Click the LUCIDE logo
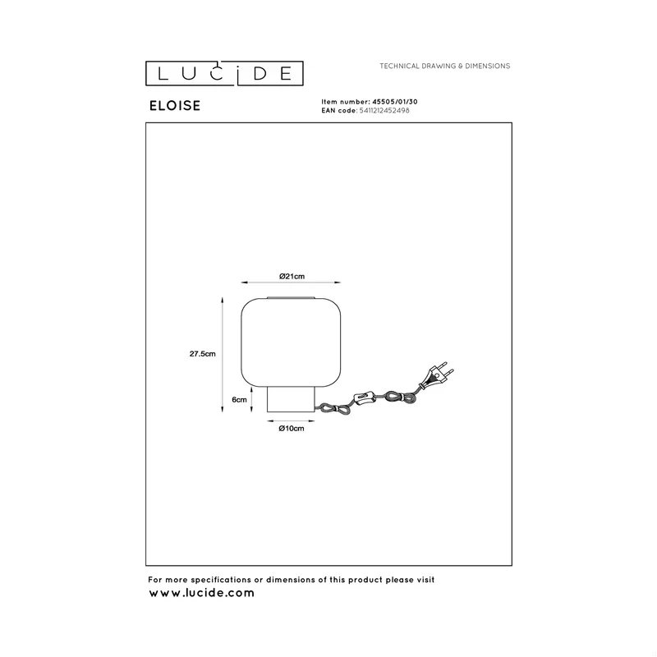(224, 73)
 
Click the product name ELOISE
(175, 106)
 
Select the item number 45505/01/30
(395, 101)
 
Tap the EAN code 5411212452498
(384, 111)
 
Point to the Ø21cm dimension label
(292, 276)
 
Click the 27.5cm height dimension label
(202, 354)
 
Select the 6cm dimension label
(239, 400)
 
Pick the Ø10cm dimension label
(292, 428)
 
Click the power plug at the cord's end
(436, 375)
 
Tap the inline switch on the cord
(363, 397)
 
